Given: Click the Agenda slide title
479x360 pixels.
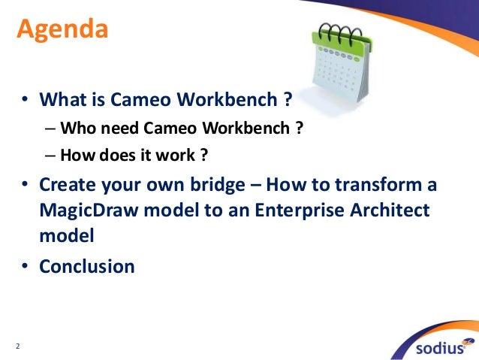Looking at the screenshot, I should click(63, 31).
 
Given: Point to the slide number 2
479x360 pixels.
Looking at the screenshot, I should click(18, 346).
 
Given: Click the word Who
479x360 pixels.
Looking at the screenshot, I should click(76, 128).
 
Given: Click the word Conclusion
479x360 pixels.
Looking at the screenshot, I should click(87, 266).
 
